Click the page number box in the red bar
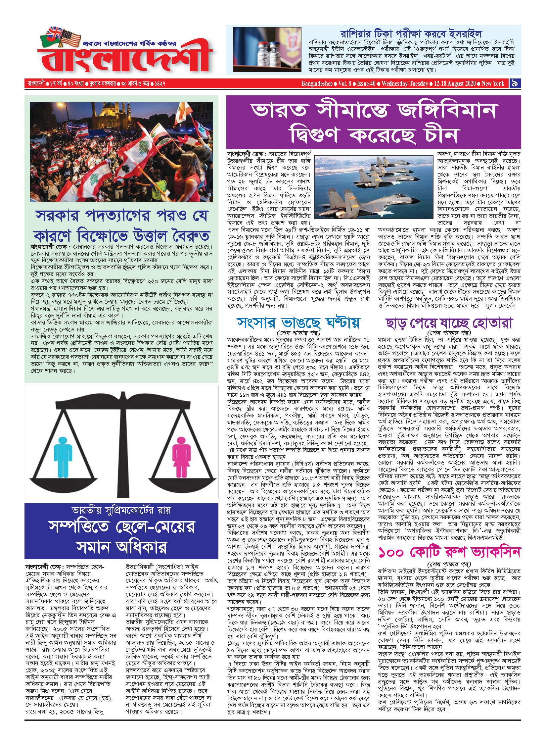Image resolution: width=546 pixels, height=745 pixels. tap(515, 83)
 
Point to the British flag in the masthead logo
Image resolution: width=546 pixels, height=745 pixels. tap(54, 33)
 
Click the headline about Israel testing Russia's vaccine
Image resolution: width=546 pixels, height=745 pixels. tap(411, 33)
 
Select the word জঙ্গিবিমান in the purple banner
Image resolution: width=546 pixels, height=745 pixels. tap(447, 111)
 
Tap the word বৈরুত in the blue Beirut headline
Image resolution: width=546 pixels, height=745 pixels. tap(190, 236)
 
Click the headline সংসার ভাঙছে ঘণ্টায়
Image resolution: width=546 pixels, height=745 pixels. tap(298, 323)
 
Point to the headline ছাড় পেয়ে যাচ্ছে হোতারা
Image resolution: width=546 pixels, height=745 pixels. tap(449, 323)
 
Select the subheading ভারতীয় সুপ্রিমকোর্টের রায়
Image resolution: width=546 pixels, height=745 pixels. tap(121, 510)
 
